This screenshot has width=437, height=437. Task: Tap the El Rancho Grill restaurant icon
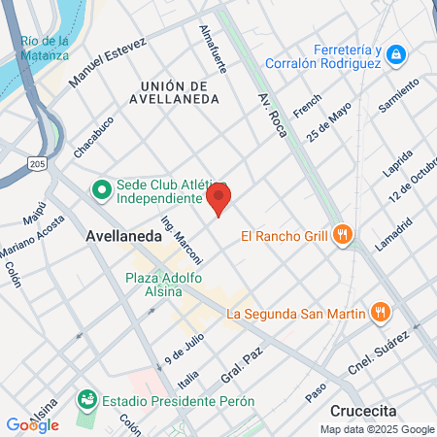coord(342,234)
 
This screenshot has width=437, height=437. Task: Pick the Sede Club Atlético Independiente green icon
coord(101,189)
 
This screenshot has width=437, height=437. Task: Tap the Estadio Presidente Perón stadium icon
coord(86,400)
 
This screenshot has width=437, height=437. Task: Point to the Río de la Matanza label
coord(45,48)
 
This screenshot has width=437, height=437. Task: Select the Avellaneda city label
coord(123,235)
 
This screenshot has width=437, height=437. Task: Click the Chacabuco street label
coord(93,137)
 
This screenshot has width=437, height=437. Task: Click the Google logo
coord(32,424)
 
